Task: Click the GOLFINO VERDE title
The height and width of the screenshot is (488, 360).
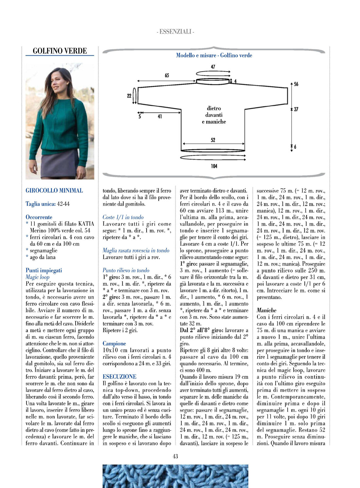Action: point(60,51)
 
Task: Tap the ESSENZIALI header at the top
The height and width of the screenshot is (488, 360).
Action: point(175,32)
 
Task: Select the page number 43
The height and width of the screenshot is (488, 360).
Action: point(175,456)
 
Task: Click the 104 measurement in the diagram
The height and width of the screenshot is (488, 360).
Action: point(214,166)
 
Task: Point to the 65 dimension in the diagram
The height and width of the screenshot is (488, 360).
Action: point(167,75)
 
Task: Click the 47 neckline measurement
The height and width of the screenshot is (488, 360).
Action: point(213,67)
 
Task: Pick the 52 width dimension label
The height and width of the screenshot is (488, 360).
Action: point(213,140)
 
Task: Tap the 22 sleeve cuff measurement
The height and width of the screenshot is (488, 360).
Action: point(129,96)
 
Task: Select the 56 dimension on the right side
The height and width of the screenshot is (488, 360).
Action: point(296,84)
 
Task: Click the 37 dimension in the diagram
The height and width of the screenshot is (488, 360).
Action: point(296,109)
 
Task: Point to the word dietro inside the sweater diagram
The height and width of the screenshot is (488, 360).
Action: point(214,108)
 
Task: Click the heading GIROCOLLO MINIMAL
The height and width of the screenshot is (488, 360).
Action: point(54,191)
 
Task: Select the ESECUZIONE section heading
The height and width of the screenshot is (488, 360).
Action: point(119,377)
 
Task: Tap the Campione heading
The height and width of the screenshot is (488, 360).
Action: point(114,344)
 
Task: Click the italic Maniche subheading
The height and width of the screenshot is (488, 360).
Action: point(266,310)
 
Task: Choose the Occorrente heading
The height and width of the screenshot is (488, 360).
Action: point(39,217)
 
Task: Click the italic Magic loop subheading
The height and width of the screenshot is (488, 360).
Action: point(38,277)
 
